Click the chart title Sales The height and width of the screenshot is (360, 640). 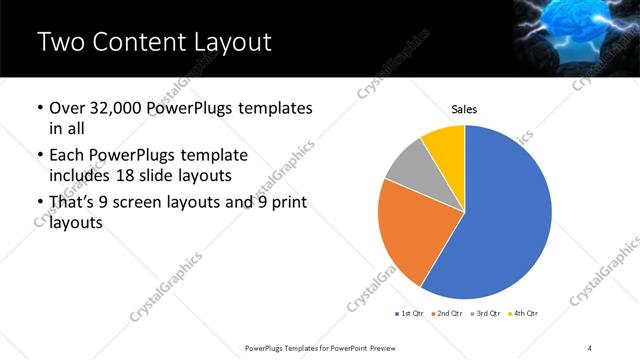point(465,108)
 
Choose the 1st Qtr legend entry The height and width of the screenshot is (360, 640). point(411,314)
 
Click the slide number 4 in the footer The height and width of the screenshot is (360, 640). point(590,347)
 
